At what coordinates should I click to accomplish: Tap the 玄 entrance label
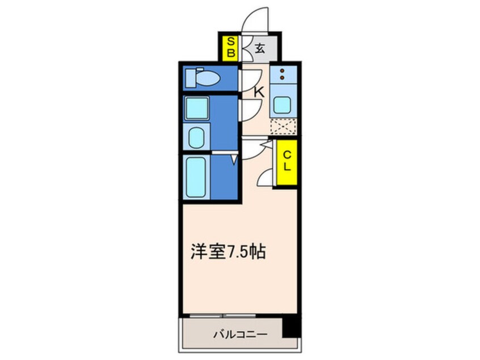coord(259,49)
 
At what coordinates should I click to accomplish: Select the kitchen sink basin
coord(282,105)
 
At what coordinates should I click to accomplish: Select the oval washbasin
coord(197,137)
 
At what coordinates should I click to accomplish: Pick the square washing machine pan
coord(197,108)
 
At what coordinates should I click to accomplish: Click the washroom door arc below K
coord(252,109)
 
